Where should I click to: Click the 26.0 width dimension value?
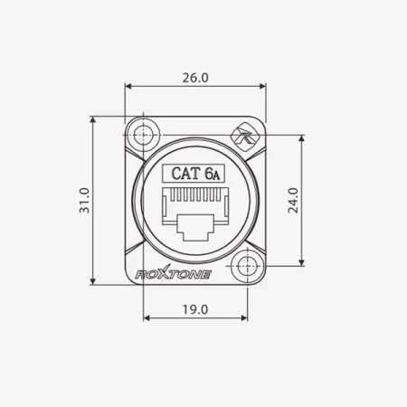pyautogui.click(x=194, y=78)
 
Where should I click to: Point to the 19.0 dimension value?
pyautogui.click(x=194, y=308)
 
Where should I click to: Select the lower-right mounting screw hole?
pyautogui.click(x=246, y=266)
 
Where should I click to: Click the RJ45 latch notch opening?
pyautogui.click(x=194, y=227)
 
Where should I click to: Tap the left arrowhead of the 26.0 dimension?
pyautogui.click(x=128, y=88)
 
